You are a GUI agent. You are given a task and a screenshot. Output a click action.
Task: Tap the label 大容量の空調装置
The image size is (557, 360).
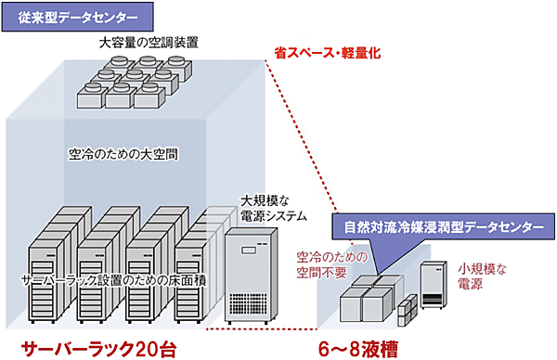[x=149, y=43]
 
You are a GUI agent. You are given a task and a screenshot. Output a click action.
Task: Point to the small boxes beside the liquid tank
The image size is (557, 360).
[x=408, y=312]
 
